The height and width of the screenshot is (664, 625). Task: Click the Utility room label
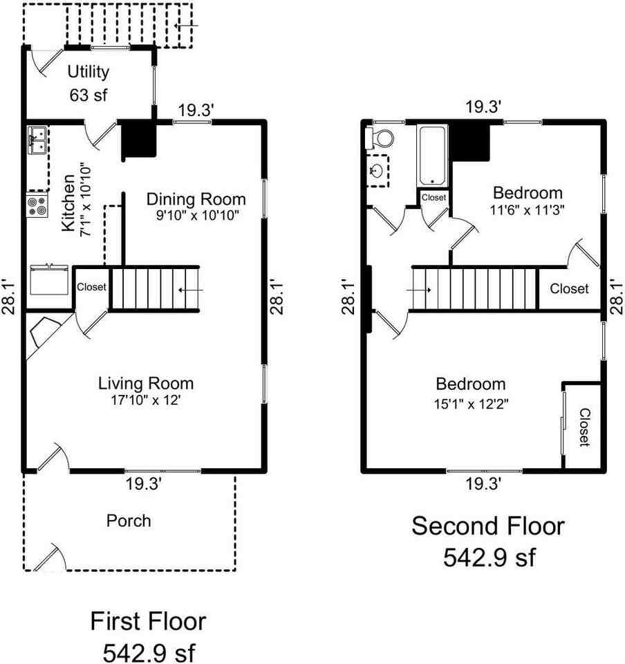click(x=88, y=71)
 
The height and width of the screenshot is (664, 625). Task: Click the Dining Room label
click(x=196, y=199)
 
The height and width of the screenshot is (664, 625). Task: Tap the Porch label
click(x=129, y=520)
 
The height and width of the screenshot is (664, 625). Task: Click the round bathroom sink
click(x=377, y=170)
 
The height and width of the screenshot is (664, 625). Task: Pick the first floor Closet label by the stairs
click(x=91, y=287)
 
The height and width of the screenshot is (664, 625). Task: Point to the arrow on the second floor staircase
click(x=420, y=290)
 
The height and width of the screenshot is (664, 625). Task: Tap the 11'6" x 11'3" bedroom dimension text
click(x=527, y=210)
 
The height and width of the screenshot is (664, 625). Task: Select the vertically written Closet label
click(x=584, y=426)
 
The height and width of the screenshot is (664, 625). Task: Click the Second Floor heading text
click(x=488, y=526)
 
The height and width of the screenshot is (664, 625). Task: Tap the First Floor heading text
click(x=148, y=621)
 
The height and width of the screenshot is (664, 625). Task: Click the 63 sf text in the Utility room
click(x=88, y=96)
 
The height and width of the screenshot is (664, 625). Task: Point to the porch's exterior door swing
click(x=50, y=555)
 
